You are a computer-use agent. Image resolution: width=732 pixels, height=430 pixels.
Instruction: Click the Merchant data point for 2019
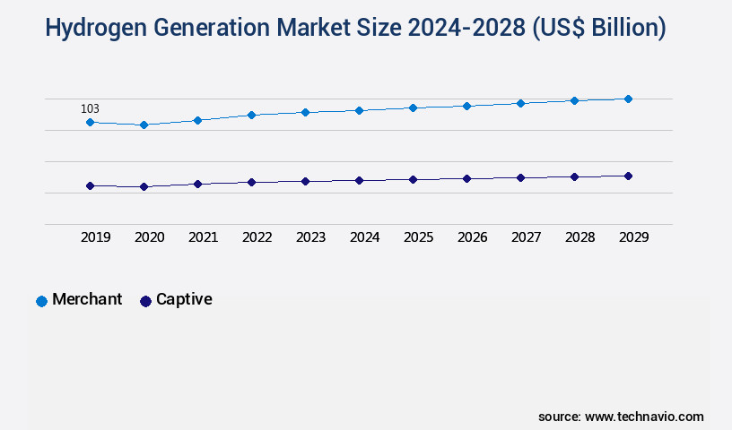point(90,122)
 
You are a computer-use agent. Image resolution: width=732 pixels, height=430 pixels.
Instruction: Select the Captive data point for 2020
point(144,186)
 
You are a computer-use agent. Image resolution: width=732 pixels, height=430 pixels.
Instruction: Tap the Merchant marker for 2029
point(628,99)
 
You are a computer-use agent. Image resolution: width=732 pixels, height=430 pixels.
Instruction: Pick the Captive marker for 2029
point(628,176)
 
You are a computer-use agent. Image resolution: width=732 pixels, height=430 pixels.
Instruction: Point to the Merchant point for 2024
point(359,110)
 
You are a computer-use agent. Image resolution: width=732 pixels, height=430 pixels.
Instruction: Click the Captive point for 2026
point(466,178)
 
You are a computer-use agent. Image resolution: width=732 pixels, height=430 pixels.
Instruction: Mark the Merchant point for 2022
point(251,115)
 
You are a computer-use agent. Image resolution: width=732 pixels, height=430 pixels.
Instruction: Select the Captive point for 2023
point(305,181)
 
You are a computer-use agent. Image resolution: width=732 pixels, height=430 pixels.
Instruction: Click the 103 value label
point(90,108)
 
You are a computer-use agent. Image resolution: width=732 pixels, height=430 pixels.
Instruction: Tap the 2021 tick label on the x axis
point(203,237)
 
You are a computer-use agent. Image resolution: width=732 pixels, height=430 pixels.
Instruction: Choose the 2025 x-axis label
point(418,237)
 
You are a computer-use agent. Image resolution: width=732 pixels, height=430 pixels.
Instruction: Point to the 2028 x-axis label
point(579,237)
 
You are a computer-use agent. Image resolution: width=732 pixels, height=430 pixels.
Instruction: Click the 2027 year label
point(526,237)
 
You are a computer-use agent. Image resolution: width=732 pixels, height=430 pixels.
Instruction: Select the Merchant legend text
point(87,299)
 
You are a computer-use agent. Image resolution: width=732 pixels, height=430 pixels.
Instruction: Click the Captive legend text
point(184,299)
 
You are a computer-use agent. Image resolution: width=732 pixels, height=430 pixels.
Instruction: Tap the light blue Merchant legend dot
point(41,301)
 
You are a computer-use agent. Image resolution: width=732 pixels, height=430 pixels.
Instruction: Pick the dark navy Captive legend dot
point(145,301)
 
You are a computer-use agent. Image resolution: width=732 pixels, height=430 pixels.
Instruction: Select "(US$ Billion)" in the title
point(598,28)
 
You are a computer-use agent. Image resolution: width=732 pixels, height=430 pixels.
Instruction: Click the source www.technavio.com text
point(621,417)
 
